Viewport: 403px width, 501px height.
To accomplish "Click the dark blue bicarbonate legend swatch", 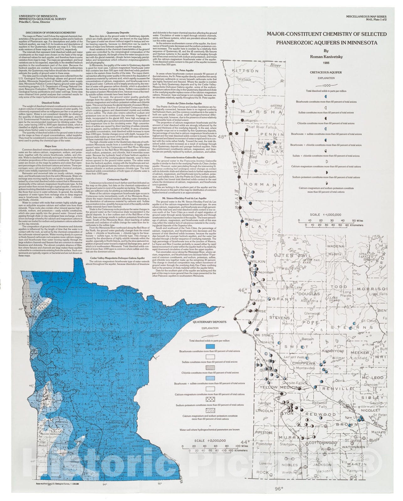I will click(x=210, y=346).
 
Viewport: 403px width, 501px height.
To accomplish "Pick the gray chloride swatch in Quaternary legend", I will click(x=210, y=367).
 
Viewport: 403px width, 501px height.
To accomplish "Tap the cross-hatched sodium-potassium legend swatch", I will click(x=210, y=400).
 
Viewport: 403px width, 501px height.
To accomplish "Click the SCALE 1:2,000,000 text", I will click(x=210, y=440).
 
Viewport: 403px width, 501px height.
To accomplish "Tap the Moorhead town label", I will click(x=253, y=220).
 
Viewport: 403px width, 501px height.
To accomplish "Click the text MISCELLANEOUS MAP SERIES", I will click(x=366, y=16).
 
